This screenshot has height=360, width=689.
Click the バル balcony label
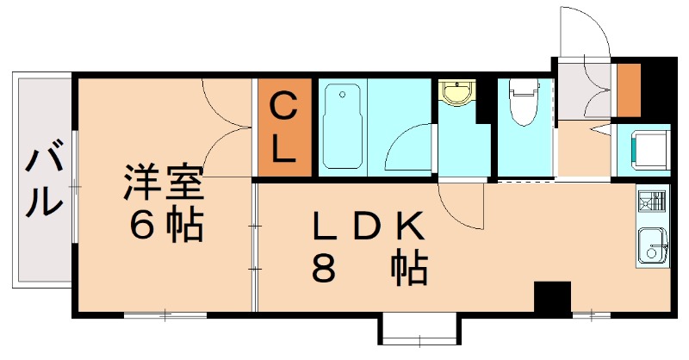(x=44, y=182)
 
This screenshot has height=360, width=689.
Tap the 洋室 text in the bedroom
(x=163, y=183)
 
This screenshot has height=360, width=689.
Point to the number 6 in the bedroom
(x=140, y=225)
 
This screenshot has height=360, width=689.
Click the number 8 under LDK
(x=323, y=270)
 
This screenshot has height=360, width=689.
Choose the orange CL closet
(x=285, y=128)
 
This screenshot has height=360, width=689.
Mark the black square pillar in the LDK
(x=552, y=297)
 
